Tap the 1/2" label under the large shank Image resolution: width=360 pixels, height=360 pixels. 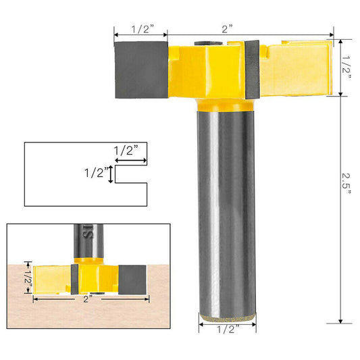coord(228,330)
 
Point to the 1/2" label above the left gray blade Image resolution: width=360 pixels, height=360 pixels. coord(140,29)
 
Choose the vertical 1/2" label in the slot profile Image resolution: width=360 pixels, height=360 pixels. coord(95,173)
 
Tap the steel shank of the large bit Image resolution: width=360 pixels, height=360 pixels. coord(228,209)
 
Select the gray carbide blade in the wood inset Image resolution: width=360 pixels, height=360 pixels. coord(132,277)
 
